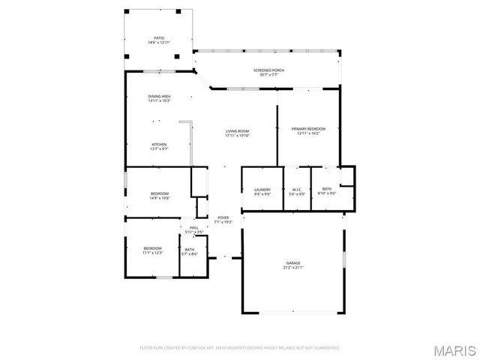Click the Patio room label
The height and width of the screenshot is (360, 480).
[x=159, y=37]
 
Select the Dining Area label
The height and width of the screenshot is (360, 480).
[x=159, y=96]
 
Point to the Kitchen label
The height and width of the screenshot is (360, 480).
[x=159, y=144]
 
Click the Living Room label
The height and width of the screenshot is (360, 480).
[x=236, y=131]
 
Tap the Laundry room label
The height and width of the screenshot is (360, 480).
[x=262, y=189]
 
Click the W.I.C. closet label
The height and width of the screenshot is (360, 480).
[x=296, y=189]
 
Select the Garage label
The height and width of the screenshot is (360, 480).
[x=292, y=262]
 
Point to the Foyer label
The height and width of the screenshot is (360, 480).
[x=223, y=217]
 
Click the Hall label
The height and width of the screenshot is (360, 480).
[x=193, y=227]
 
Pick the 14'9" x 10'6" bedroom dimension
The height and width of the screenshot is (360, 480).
[x=159, y=198]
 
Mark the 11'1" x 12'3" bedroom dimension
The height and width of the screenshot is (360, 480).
[x=153, y=253]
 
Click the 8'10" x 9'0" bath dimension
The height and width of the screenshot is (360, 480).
[x=327, y=193]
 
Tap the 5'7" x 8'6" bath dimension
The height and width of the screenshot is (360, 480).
[x=190, y=253]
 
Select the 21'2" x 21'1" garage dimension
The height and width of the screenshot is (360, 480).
[x=292, y=267]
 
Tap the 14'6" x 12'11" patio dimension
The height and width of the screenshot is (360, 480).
[x=159, y=42]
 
